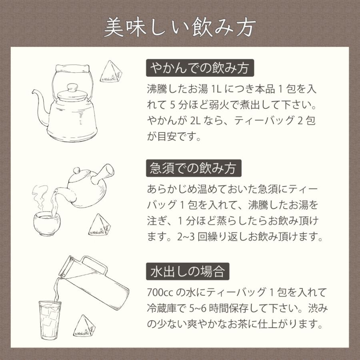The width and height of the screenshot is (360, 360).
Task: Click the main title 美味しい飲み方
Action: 180,27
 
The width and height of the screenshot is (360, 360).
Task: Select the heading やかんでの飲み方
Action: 200,69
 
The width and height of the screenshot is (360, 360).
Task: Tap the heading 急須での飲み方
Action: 194,168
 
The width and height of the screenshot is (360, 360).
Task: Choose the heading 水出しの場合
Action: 188,271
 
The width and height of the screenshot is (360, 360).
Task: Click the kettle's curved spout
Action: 38,98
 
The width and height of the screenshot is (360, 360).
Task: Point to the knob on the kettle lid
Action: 72,87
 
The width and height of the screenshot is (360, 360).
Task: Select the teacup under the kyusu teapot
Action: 46,222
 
